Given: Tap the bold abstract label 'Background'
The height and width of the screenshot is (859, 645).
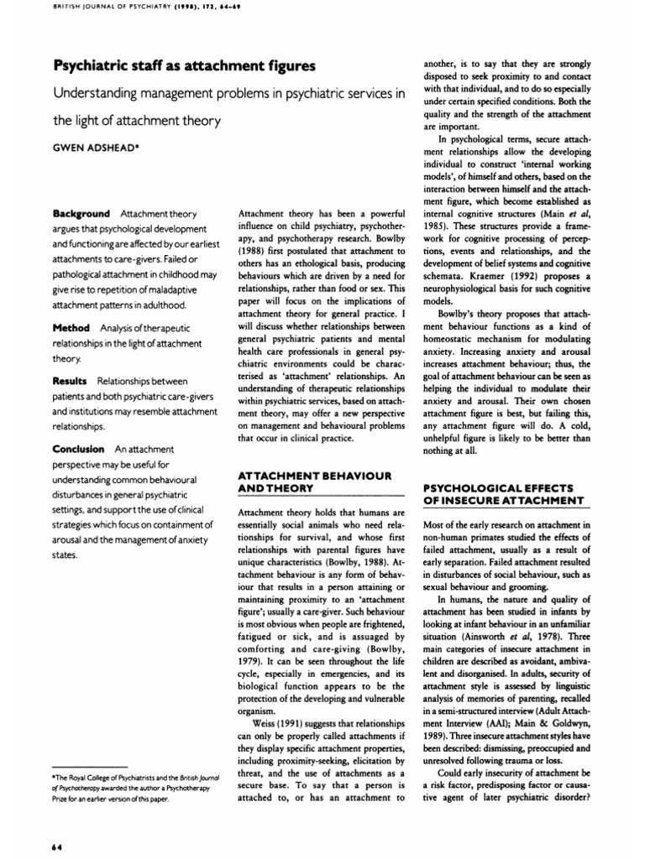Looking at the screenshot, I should (x=81, y=215).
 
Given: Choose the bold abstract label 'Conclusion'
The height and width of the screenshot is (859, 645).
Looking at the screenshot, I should (x=79, y=449).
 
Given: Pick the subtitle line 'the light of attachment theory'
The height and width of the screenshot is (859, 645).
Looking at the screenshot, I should (x=137, y=121).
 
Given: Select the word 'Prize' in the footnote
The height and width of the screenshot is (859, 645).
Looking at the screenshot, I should (x=63, y=799).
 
